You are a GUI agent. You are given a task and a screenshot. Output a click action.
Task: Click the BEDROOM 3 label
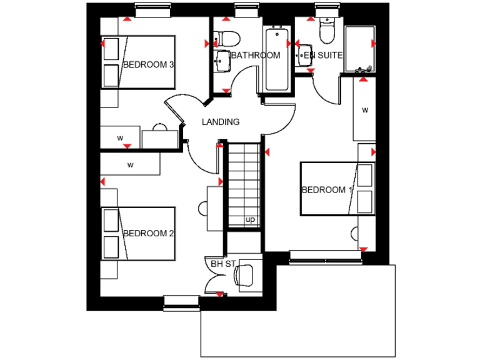pos(148,64)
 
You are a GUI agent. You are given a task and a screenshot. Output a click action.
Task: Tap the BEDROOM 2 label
pos(148,233)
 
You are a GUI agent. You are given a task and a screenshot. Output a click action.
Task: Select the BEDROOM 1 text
pos(327,190)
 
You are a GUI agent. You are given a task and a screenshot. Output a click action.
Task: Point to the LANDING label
pos(220,122)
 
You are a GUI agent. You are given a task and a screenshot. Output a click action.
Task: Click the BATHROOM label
pos(256,56)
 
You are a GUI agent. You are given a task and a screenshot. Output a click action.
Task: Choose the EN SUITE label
pos(323,56)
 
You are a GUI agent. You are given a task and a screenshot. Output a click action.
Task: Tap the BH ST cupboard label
pos(222,264)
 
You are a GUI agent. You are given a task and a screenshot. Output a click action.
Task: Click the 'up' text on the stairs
pos(250,219)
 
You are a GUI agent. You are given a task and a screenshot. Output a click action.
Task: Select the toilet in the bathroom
pos(226,37)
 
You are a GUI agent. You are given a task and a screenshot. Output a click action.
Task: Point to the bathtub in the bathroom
pos(277,59)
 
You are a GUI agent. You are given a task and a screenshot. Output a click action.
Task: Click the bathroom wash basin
pos(221,60)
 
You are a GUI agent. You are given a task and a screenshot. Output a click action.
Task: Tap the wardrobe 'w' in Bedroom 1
pos(364,110)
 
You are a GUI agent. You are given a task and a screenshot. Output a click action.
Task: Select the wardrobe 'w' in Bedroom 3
pos(120,137)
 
